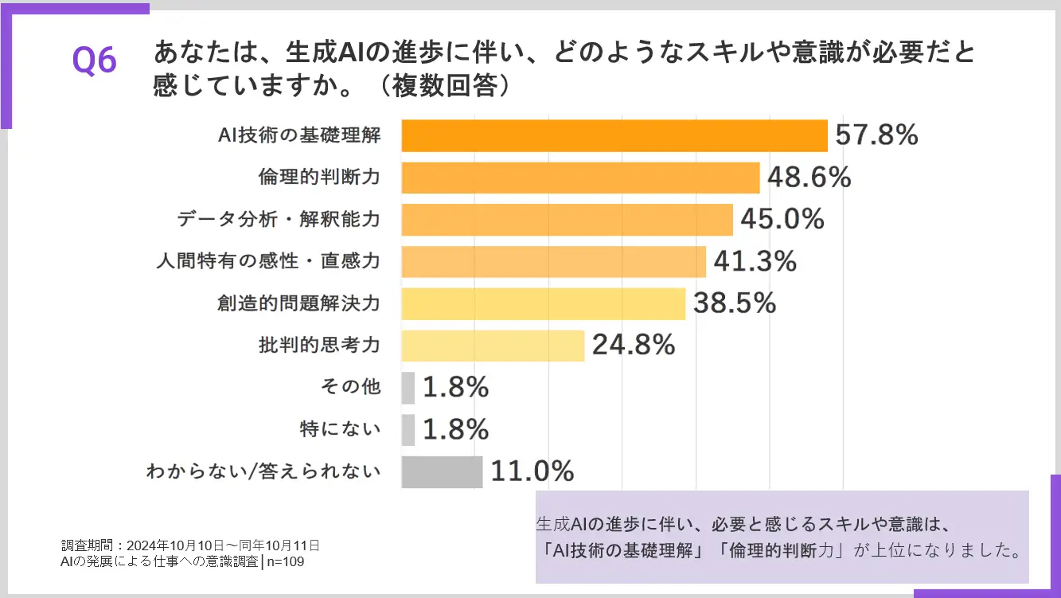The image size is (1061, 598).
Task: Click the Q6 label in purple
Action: click(x=95, y=61)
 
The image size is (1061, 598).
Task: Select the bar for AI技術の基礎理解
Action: click(x=614, y=135)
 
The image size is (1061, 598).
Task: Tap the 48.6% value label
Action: click(x=809, y=178)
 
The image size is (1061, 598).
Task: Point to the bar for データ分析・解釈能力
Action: click(x=567, y=220)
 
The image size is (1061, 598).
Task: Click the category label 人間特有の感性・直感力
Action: click(x=268, y=261)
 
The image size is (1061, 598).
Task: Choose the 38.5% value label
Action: click(x=734, y=303)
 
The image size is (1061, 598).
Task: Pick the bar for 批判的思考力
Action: click(x=493, y=346)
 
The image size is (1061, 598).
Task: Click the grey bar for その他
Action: click(x=408, y=388)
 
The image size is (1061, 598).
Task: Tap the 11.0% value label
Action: click(x=532, y=471)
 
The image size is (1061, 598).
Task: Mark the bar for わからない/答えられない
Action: click(x=442, y=471)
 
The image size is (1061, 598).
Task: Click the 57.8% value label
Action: click(x=876, y=135)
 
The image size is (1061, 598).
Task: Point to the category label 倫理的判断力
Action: click(x=319, y=178)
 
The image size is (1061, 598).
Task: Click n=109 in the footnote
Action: click(x=285, y=561)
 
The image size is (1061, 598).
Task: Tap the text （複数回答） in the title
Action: click(x=448, y=85)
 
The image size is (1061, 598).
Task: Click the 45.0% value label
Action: click(x=782, y=220)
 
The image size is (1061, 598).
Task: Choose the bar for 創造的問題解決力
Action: click(x=543, y=303)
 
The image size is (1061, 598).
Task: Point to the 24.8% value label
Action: click(x=633, y=346)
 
